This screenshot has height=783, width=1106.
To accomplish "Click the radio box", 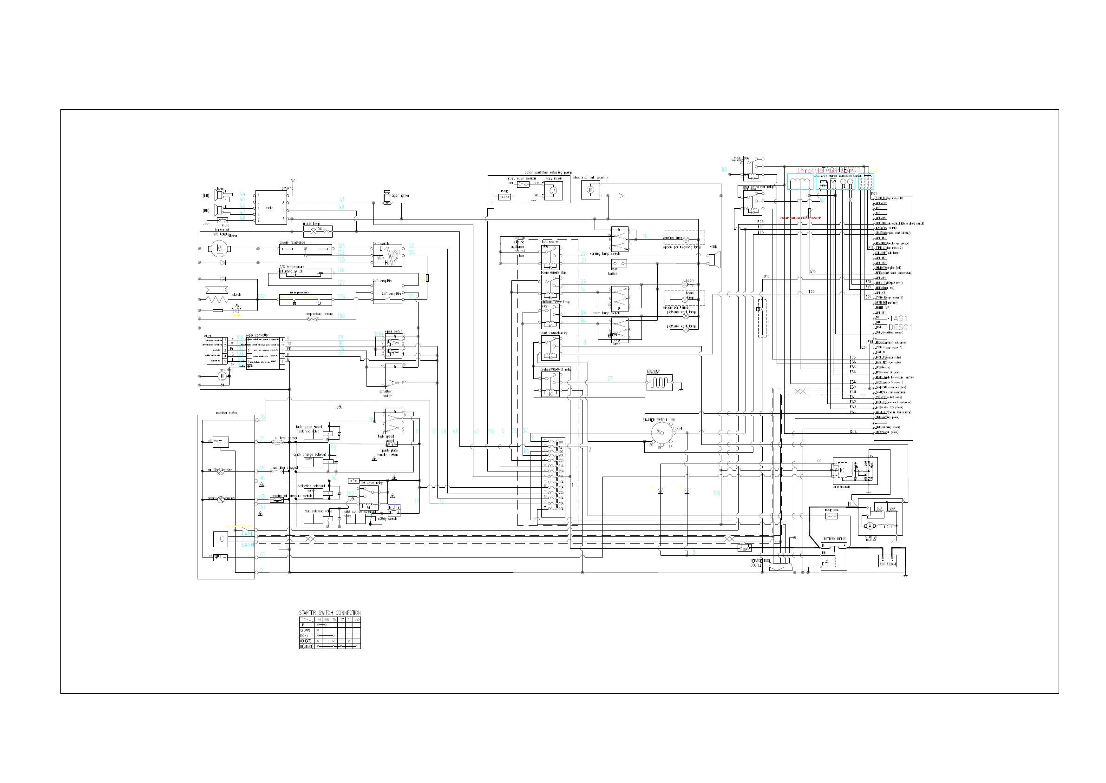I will (x=271, y=207).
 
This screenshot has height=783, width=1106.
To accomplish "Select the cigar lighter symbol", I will (x=387, y=198).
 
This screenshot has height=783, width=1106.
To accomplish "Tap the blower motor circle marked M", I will (x=219, y=249).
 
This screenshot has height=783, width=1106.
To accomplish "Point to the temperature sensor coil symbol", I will (x=313, y=319).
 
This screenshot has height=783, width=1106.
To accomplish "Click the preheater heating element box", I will (x=659, y=383).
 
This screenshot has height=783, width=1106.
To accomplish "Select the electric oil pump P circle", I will (x=590, y=190).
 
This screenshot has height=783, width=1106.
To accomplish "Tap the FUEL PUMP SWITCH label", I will (x=522, y=179).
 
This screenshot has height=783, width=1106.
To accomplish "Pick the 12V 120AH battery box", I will (x=887, y=561).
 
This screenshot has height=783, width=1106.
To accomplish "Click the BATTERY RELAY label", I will (x=834, y=539).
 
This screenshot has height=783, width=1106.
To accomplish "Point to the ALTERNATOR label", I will (x=842, y=487).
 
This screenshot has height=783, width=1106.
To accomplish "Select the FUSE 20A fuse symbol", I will (x=831, y=516).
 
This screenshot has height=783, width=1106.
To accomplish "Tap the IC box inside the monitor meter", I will (x=221, y=539).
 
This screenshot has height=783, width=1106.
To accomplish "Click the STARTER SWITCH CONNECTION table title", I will (x=329, y=613).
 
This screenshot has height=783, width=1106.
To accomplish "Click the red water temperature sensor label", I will (x=799, y=218).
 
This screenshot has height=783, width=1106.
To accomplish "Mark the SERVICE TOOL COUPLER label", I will (x=760, y=563).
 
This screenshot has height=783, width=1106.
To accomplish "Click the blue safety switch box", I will (x=394, y=510).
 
